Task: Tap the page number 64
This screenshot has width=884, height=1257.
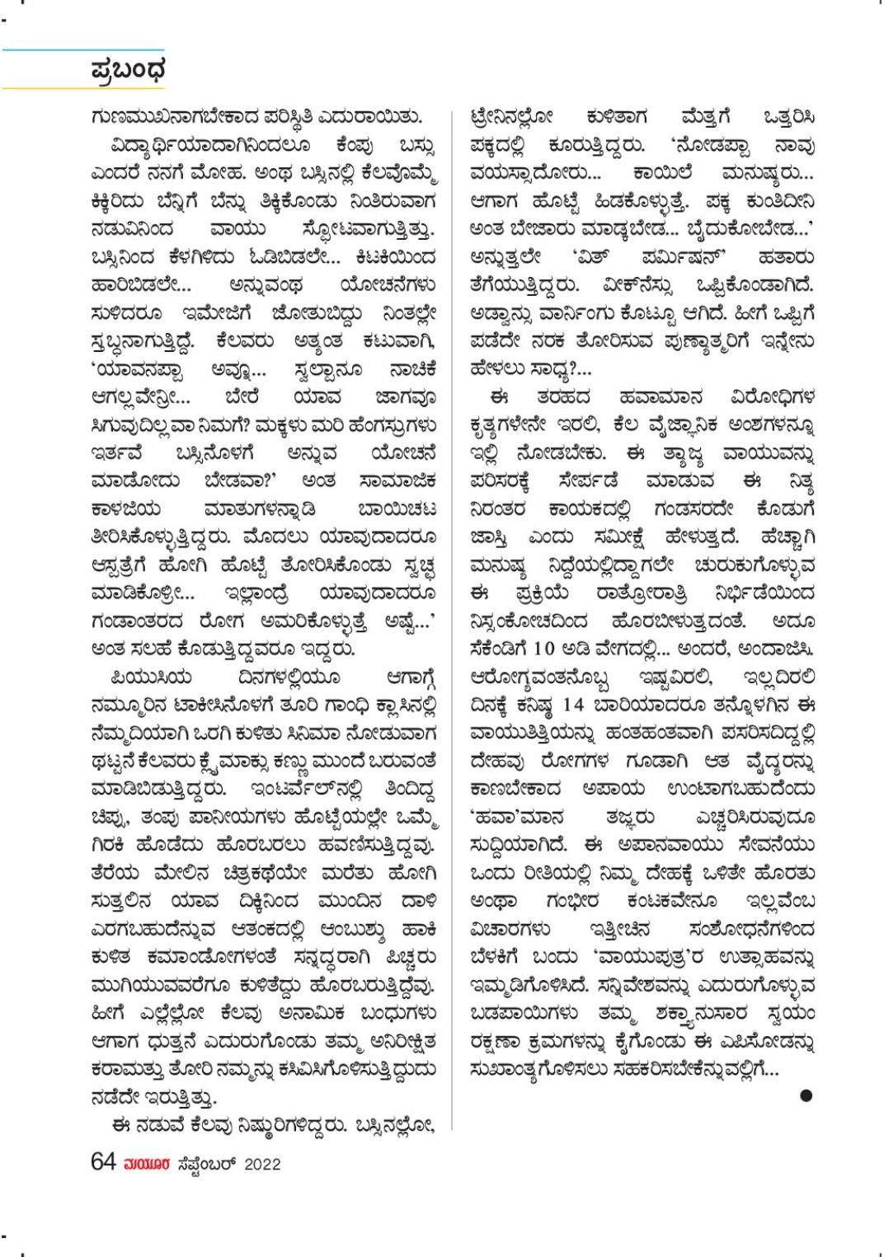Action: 103,1162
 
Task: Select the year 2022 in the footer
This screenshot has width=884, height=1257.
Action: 261,1164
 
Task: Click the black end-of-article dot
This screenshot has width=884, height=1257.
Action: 806,1095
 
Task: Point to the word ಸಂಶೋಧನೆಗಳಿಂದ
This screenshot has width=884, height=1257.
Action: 751,930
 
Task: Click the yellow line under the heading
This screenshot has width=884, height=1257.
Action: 82,87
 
